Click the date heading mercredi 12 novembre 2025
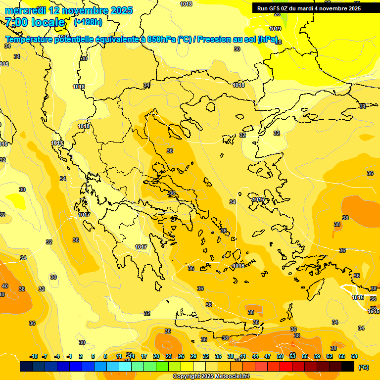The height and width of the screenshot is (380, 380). [69, 10]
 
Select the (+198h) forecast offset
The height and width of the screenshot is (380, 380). [88, 22]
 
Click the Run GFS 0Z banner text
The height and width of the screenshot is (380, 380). [309, 8]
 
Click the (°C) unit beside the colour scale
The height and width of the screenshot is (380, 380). [363, 367]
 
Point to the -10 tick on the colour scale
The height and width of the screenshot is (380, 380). [34, 356]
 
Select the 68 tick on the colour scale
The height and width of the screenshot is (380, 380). [354, 356]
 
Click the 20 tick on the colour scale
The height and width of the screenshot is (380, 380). [156, 356]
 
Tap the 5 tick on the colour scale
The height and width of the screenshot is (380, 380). [93, 356]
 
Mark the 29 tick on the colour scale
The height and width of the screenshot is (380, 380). [193, 356]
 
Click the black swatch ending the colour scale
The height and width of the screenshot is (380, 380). [348, 367]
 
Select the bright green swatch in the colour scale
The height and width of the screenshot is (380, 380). [162, 367]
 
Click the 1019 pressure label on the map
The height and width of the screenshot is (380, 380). [275, 29]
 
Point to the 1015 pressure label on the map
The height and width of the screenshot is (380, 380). [358, 297]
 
